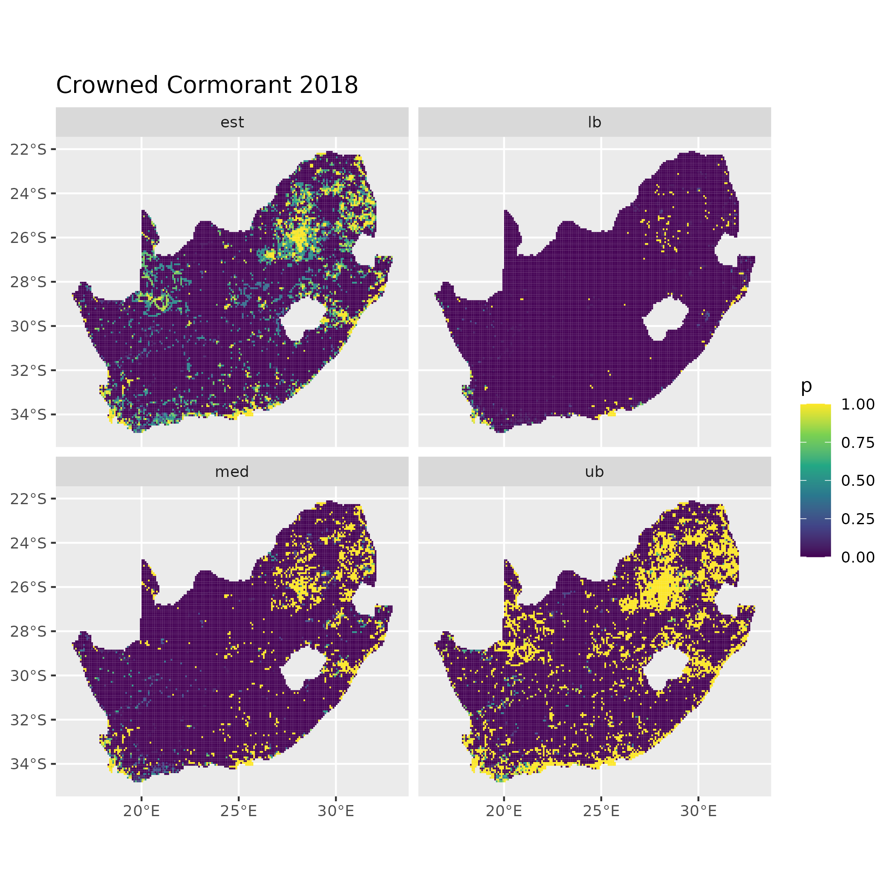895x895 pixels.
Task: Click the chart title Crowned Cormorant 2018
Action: point(207,85)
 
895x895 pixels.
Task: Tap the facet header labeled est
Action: point(232,122)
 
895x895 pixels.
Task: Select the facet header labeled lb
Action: point(595,122)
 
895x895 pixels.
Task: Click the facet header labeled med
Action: point(232,472)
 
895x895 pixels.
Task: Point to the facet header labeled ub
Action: point(595,472)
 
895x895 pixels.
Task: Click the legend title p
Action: point(806,385)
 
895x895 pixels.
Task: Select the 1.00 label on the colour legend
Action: point(857,404)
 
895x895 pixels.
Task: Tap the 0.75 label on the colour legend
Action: point(857,443)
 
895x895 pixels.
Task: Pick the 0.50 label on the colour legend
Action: point(857,481)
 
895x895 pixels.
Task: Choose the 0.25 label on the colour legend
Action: point(857,519)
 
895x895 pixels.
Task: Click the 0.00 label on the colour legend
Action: point(857,557)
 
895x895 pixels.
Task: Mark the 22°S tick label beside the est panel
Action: point(29,149)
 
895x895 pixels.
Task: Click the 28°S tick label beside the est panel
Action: point(29,282)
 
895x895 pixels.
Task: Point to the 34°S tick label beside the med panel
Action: point(29,763)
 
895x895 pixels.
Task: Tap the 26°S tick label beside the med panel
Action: point(29,587)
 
